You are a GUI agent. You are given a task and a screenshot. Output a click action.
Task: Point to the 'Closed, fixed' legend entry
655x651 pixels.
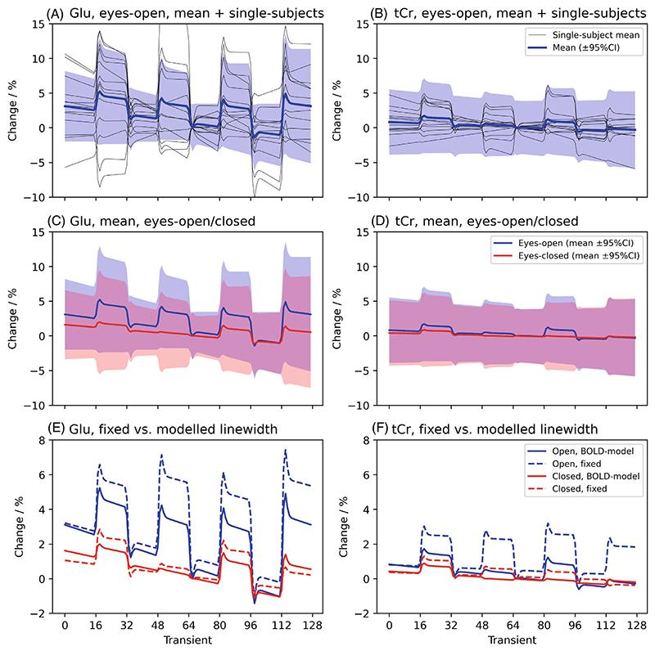click(x=574, y=489)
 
